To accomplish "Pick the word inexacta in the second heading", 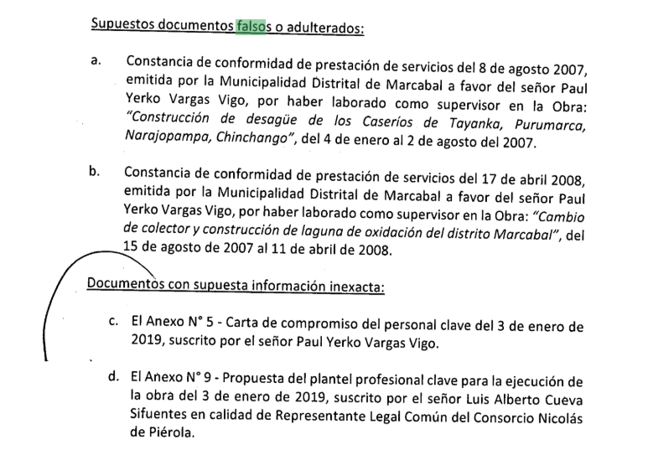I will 351,286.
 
